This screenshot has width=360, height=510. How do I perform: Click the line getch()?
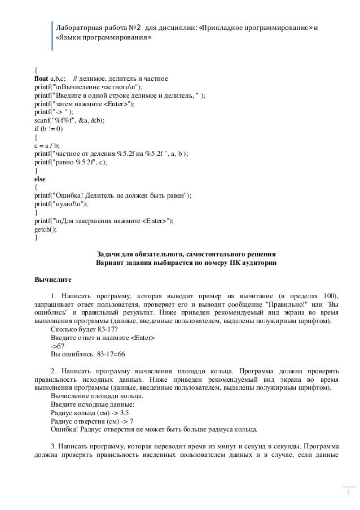coord(46,229)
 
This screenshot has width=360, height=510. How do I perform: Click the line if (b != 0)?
coord(49,128)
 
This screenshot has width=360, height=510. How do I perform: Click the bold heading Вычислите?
coord(53,279)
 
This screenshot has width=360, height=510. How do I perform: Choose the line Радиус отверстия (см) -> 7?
coord(91,421)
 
